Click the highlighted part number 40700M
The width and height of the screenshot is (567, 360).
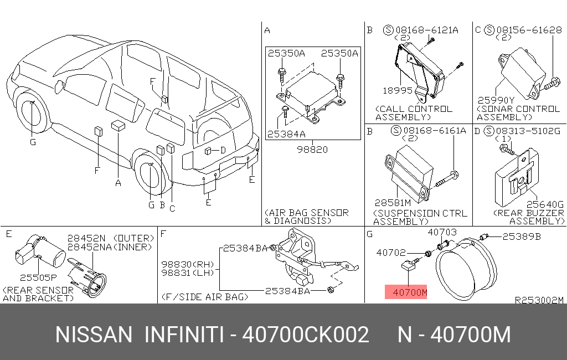(x=410, y=292)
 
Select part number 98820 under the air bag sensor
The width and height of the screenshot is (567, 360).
(x=312, y=150)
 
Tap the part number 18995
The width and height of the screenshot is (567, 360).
(x=398, y=90)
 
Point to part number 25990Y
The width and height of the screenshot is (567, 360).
(x=496, y=100)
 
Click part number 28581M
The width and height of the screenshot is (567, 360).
(x=393, y=203)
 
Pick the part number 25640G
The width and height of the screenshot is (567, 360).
(x=545, y=204)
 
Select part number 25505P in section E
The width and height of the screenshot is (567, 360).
(x=38, y=277)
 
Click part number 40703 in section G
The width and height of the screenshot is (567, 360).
(x=442, y=232)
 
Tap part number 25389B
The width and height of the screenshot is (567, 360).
(x=522, y=236)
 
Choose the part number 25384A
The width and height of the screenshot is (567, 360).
(x=286, y=134)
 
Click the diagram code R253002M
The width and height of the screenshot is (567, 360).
(x=539, y=300)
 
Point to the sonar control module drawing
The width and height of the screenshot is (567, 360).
(x=522, y=73)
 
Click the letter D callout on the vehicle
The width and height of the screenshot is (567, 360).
(x=223, y=150)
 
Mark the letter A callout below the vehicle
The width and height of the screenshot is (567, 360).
(x=118, y=183)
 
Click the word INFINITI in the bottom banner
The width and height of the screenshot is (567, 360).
(x=184, y=335)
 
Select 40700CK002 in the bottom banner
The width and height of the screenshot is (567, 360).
(x=306, y=335)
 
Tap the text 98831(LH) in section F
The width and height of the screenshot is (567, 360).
(x=188, y=273)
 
